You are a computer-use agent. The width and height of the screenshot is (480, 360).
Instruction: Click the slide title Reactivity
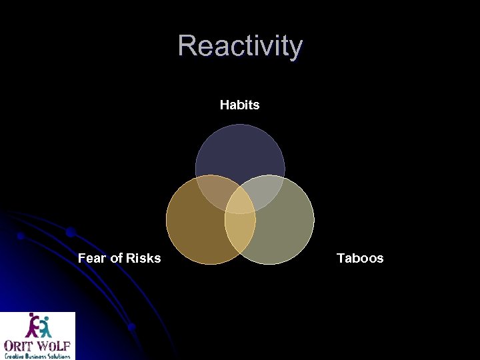[240, 46]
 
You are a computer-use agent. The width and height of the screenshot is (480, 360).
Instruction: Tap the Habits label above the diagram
[239, 105]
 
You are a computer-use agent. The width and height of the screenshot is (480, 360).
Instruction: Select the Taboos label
[360, 258]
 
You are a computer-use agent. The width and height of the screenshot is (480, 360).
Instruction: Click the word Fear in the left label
[92, 258]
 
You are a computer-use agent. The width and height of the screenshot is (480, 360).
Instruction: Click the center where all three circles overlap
[240, 203]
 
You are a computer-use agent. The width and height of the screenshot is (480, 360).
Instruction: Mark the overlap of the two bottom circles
[240, 237]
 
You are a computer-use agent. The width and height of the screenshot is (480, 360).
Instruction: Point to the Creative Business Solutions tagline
[38, 355]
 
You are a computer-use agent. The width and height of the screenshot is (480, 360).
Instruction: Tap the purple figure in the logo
[32, 326]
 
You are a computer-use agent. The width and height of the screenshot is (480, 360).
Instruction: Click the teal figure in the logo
[45, 326]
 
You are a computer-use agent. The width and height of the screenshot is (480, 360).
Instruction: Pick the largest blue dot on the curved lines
[70, 232]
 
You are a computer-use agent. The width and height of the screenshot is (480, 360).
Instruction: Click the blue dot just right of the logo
[132, 327]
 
